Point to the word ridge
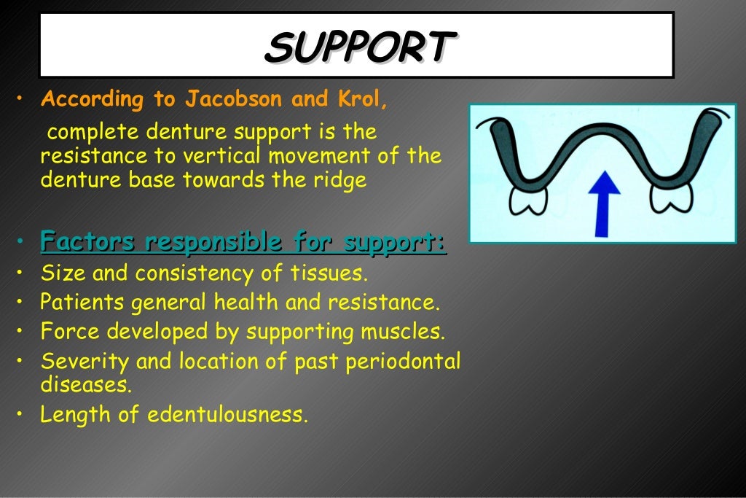341,180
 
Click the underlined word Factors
88,241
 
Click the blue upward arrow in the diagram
602,202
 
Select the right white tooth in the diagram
672,198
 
